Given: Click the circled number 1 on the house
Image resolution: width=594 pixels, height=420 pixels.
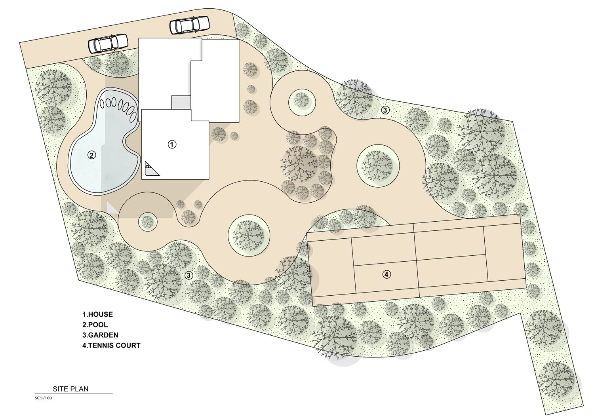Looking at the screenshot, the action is tap(172, 144).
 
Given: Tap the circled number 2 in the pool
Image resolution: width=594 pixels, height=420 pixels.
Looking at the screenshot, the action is tap(91, 155).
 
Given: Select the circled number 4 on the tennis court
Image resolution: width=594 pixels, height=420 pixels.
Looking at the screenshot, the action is tap(386, 274).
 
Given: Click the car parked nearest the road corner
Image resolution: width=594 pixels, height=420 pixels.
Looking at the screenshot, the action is tap(189, 25).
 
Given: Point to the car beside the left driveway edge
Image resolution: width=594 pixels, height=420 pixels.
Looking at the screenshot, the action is tap(108, 44).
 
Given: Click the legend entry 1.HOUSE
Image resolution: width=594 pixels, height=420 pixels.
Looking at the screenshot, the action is tap(97, 314).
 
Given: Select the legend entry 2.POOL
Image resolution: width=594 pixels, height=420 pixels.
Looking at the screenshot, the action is tap(95, 325).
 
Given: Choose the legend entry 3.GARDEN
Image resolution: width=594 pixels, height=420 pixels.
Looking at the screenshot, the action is tap(100, 335).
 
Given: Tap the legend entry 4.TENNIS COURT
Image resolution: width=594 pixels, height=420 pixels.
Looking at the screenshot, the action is tap(111, 346).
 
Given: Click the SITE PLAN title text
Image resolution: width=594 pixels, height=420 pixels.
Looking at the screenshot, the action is tap(70, 389).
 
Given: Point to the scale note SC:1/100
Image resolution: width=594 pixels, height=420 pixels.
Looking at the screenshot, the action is tap(43, 398).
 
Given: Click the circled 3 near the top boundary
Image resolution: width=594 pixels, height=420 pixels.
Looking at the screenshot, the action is tap(385, 110).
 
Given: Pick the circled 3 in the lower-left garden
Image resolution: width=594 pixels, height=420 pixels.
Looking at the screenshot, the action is tap(188, 276).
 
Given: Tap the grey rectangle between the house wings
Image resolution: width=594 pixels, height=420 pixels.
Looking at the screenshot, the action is tap(181, 103).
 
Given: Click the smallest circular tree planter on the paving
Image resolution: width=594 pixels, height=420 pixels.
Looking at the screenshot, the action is tap(148, 221).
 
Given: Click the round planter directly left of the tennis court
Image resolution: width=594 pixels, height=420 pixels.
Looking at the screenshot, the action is tap(249, 236).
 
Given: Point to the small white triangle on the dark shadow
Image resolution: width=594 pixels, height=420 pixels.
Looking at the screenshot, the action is tap(111, 207).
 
